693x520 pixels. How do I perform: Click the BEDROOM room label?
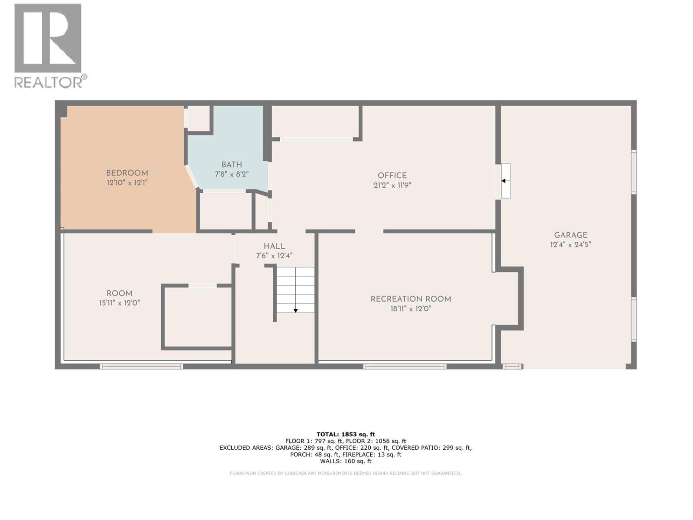click(x=127, y=173)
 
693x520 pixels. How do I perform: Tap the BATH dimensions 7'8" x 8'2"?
click(x=232, y=174)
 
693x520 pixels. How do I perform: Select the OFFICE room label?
click(x=392, y=175)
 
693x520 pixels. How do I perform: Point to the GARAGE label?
click(x=570, y=235)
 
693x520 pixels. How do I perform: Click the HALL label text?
click(x=274, y=246)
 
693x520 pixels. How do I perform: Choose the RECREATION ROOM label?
click(x=411, y=299)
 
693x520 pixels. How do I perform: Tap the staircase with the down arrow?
click(x=295, y=289)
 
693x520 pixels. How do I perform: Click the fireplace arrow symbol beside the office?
click(x=505, y=181)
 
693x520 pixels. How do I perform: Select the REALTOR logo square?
click(x=48, y=38)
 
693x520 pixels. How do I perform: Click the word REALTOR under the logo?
click(x=49, y=82)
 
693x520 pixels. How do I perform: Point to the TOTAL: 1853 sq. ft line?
click(x=346, y=434)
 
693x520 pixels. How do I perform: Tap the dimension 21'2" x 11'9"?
click(x=392, y=185)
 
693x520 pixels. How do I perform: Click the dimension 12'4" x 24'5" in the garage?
click(x=570, y=244)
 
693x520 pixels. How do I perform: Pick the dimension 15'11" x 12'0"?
click(x=119, y=303)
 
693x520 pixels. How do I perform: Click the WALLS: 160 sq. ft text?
click(x=346, y=461)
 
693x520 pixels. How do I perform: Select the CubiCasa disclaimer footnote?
click(x=346, y=473)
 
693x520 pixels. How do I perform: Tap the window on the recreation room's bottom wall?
click(x=405, y=367)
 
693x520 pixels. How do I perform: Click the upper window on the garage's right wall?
click(x=634, y=172)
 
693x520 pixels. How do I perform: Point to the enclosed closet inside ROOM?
click(x=197, y=317)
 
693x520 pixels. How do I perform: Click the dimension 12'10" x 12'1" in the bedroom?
click(x=127, y=183)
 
